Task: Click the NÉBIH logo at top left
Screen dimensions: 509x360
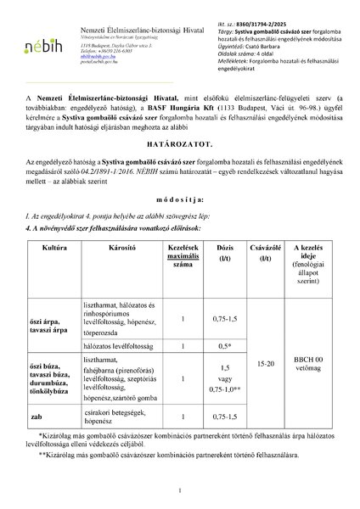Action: pyautogui.click(x=47, y=43)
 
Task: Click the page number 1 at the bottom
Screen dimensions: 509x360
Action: pyautogui.click(x=180, y=490)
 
